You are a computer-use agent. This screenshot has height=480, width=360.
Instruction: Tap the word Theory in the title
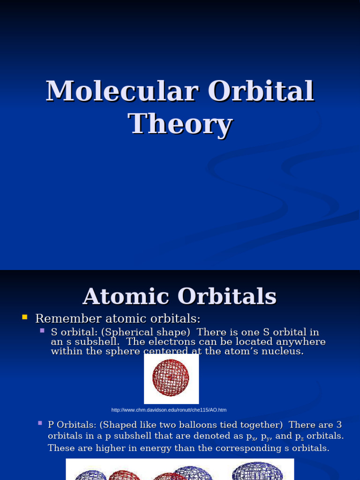(180, 124)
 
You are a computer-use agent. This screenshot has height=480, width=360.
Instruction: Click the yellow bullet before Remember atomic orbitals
(25, 318)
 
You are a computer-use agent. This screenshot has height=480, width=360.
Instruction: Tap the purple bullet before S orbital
(42, 330)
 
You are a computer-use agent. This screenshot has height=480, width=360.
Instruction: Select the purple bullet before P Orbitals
(40, 423)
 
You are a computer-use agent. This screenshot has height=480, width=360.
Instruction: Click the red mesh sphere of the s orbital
(171, 378)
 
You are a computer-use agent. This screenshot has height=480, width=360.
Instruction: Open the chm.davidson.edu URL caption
(169, 410)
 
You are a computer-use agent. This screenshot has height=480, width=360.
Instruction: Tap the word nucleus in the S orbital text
(283, 351)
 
